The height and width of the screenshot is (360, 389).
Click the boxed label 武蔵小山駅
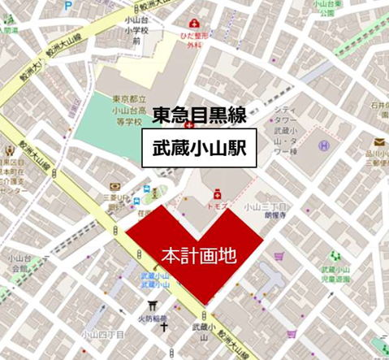(200, 150)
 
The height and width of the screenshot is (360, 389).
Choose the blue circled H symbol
(323, 146)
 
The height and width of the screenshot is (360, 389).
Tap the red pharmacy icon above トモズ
(217, 195)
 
